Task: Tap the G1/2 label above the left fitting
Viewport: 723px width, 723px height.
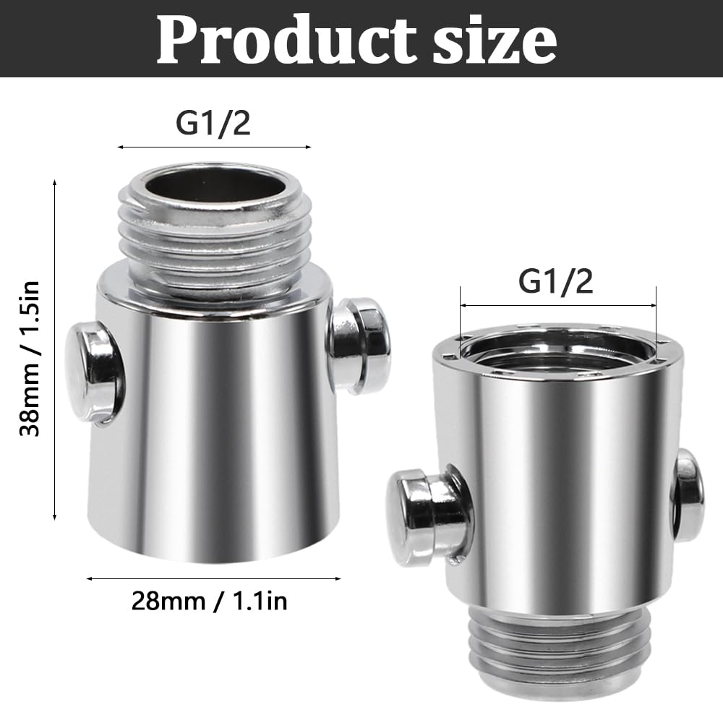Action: coord(213,123)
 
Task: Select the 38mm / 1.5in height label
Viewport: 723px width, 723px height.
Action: coord(30,359)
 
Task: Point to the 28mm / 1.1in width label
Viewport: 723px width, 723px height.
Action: coord(210,601)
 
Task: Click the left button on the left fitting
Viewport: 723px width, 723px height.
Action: coord(93,372)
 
